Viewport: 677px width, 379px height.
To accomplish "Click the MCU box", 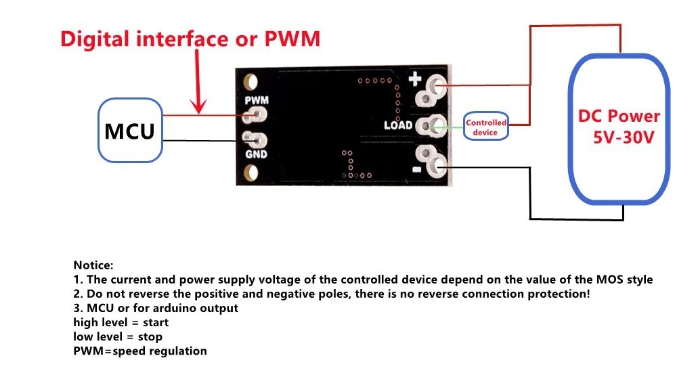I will click(x=131, y=131).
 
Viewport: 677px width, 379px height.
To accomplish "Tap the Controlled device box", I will click(x=485, y=127).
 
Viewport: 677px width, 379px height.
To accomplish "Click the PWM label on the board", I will click(x=257, y=101).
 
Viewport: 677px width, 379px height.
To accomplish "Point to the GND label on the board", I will click(x=257, y=154).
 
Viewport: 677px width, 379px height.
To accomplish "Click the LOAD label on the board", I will click(x=398, y=126).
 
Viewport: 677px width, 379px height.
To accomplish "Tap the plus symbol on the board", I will click(x=414, y=82).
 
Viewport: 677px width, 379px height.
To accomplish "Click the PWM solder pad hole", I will click(x=257, y=116).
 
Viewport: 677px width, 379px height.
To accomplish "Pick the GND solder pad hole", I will click(x=257, y=141).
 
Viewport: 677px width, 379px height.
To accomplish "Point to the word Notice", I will click(x=93, y=265).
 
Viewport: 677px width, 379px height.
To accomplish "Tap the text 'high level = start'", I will click(x=121, y=322).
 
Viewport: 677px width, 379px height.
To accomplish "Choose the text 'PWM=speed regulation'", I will click(x=139, y=351).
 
